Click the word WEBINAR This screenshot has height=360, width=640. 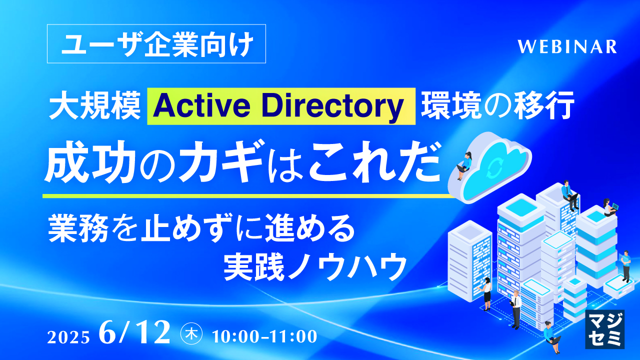(x=567, y=46)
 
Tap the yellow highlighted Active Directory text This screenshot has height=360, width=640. (x=281, y=106)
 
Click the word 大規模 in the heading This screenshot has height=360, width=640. (x=94, y=106)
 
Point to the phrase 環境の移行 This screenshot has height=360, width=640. (x=496, y=106)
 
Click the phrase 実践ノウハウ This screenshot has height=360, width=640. (x=314, y=268)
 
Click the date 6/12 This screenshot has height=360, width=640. (x=135, y=334)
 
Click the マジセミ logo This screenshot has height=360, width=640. (x=604, y=328)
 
